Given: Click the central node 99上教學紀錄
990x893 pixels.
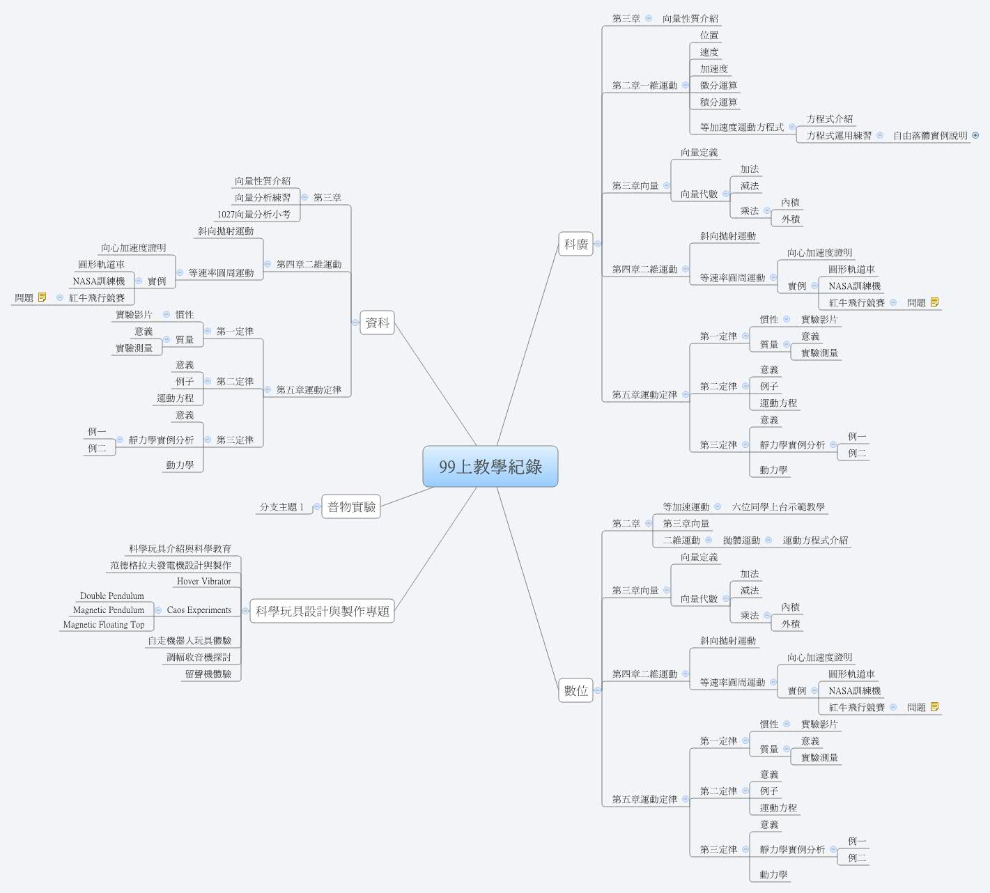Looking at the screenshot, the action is coord(490,467).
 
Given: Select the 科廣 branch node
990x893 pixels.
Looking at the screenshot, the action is coord(575,244).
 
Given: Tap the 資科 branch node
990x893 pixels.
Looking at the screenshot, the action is coord(377,323).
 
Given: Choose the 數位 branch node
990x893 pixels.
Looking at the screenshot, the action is coord(575,690).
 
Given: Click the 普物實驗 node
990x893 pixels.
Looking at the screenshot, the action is coord(351,506).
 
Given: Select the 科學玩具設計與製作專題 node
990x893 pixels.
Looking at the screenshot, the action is coord(323,611).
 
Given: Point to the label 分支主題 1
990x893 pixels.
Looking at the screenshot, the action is coord(281,507).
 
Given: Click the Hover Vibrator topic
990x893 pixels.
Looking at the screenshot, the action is coord(204,582).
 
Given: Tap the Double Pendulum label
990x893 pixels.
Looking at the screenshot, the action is coord(112,596).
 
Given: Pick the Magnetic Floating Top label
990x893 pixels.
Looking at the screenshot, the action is coord(104,624).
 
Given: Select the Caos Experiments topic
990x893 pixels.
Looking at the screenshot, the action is coord(199,610).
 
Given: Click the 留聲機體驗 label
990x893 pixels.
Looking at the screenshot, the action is coord(208,674).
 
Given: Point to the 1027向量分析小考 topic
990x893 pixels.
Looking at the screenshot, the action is coord(254,215).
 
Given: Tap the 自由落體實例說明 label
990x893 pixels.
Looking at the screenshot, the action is coord(930,136).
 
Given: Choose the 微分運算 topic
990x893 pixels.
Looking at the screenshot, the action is coord(718,86).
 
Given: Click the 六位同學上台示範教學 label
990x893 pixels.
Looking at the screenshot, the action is coord(778,507).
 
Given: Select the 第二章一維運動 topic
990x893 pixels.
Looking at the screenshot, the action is coord(644,86).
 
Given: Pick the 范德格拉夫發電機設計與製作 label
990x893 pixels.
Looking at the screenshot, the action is coord(170,565).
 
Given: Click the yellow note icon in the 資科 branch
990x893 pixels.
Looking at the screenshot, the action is coord(42,297).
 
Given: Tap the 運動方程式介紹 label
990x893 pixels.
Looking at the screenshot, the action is coord(815,541).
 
